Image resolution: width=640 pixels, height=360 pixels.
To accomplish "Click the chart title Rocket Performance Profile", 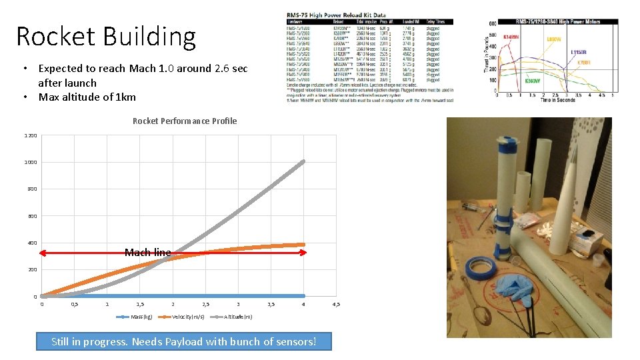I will coord(185,121).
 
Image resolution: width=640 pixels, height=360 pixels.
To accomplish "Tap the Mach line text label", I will coord(147,252).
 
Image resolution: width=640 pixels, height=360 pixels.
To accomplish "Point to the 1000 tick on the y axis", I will coord(31,162).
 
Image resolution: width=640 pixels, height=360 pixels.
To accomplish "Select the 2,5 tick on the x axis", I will coord(205,304).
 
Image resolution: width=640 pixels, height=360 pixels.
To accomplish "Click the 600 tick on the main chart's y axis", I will coord(32,216).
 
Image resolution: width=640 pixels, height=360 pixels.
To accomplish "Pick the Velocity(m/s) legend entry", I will coord(188,317).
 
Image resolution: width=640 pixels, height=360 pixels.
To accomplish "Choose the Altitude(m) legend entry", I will coord(238,317).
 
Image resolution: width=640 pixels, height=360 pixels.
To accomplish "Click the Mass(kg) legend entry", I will coord(141,317).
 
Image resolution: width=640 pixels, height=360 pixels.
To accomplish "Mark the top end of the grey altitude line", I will coord(303,161).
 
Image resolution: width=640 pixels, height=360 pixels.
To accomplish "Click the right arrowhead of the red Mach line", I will coord(304,253).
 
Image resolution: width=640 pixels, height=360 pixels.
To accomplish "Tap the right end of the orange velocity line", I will coord(303,245).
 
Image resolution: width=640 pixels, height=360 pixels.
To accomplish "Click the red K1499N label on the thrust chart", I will coord(512,37).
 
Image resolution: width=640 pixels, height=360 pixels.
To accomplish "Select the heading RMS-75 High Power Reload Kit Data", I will coord(337,15).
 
